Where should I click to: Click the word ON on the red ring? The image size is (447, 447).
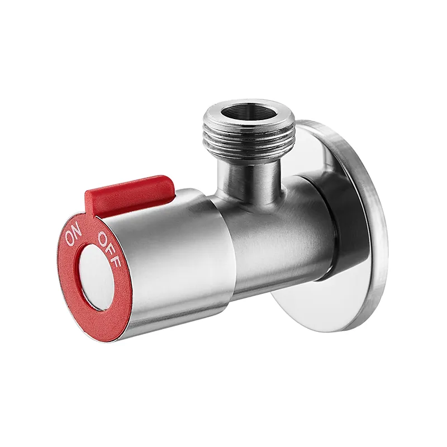point(74,235)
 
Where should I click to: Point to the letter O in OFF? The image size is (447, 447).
point(102,239)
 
